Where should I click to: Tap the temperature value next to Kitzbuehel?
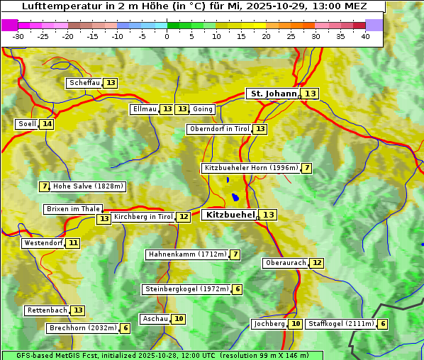[x=268, y=215]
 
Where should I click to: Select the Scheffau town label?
[x=84, y=83]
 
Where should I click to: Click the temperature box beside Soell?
[x=47, y=124]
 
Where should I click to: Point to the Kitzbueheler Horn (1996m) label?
[x=250, y=168]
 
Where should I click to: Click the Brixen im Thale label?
[x=73, y=209]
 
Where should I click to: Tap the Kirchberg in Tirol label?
[x=143, y=217]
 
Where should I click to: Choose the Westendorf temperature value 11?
[x=73, y=243]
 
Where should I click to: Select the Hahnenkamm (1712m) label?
[x=187, y=254]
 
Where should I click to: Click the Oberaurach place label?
[x=285, y=263]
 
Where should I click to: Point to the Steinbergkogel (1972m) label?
[x=186, y=289]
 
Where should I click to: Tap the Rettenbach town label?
[x=48, y=310]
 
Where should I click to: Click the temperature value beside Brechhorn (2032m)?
[x=125, y=328]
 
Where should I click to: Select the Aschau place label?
[x=155, y=319]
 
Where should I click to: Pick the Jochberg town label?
[x=269, y=324]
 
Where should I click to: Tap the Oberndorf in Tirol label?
[x=220, y=129]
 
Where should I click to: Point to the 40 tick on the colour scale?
[x=365, y=37]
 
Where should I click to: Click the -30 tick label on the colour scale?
[x=18, y=37]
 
